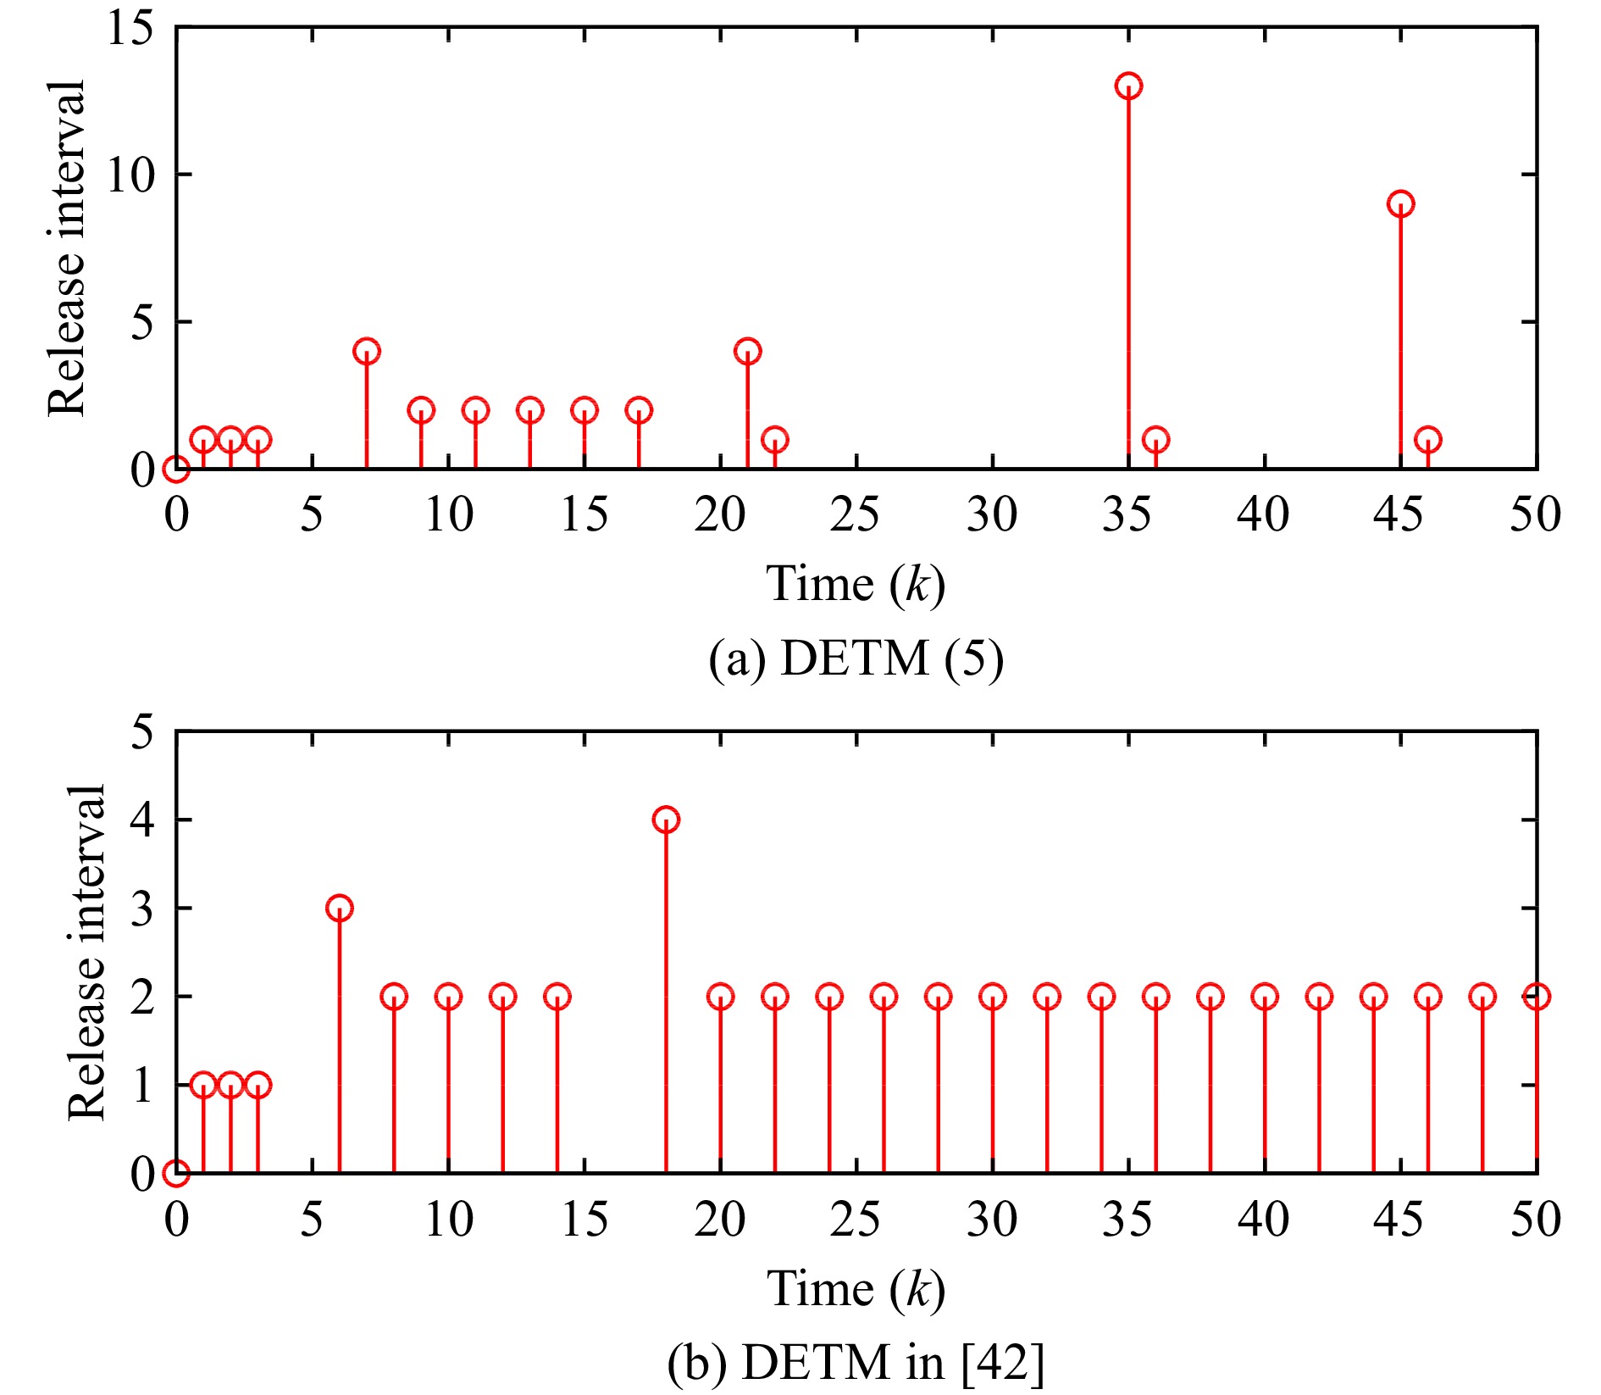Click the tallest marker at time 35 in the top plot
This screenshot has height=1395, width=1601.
coord(1128,86)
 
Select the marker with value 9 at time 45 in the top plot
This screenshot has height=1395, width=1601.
coord(1400,203)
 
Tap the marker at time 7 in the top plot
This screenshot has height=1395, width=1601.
coord(366,351)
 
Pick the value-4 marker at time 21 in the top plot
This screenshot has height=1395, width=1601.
coord(747,351)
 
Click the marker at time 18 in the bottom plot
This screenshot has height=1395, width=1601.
coord(666,820)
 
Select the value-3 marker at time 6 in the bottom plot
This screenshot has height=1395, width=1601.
coord(339,908)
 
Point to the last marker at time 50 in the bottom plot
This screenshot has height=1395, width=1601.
coord(1536,996)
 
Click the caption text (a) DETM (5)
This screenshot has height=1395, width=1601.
coord(856,659)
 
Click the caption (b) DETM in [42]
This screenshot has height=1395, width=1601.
coord(856,1363)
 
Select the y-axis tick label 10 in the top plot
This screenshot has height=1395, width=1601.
coord(130,175)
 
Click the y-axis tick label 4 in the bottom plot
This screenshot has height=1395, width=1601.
coord(142,820)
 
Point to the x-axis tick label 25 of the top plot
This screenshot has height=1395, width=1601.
coord(856,514)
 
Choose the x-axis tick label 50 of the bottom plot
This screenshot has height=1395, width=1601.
coord(1535,1220)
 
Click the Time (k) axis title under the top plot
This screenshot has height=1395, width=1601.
coord(856,584)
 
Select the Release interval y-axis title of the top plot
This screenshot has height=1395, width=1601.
coord(66,248)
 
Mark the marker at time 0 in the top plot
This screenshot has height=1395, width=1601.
coord(175,468)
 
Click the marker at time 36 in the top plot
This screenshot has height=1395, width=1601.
coord(1155,439)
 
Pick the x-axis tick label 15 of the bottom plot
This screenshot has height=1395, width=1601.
coord(584,1220)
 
